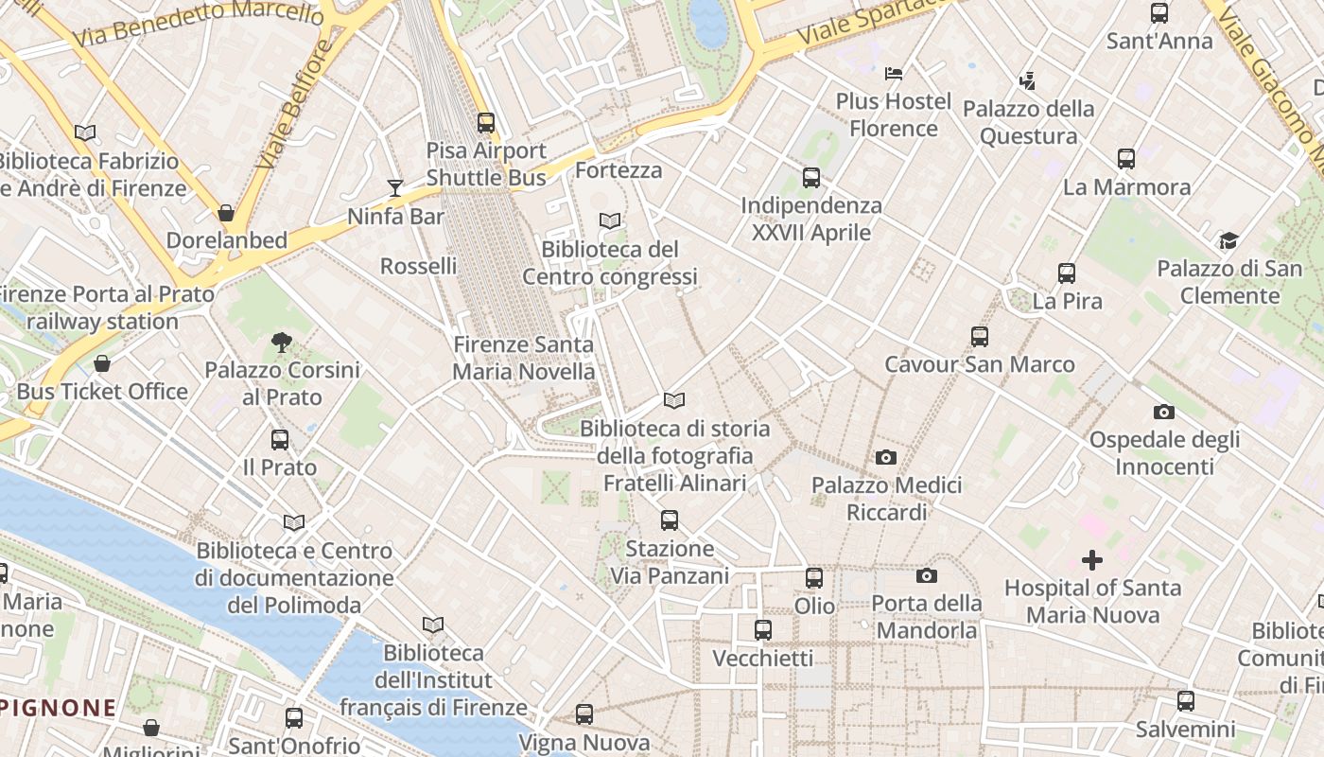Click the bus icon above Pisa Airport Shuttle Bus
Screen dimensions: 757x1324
coord(485,123)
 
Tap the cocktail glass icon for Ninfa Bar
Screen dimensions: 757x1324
coord(395,188)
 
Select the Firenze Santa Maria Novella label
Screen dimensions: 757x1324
coord(524,359)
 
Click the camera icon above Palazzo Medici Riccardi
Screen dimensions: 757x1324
coord(885,458)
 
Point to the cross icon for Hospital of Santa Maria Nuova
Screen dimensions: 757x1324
coord(1092,560)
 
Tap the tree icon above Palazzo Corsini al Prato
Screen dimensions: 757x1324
coord(281,343)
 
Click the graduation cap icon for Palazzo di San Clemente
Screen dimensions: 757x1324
coord(1228,241)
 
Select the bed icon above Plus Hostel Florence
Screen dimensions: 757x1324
coord(894,74)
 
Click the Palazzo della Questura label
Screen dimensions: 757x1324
coord(1029,123)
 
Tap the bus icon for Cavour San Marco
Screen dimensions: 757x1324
coord(980,337)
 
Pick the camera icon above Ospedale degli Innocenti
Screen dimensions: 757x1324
coord(1164,413)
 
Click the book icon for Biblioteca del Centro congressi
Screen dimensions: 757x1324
coord(610,221)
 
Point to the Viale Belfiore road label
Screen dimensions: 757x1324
coord(295,106)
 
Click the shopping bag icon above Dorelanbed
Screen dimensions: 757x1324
coord(226,213)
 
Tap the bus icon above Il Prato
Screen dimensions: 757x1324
coord(280,440)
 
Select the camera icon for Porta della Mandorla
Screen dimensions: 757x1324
coord(926,576)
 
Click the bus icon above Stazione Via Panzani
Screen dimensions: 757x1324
coord(670,520)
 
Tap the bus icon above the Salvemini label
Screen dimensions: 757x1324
coord(1186,702)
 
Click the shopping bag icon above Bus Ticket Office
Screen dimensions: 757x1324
coord(102,364)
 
